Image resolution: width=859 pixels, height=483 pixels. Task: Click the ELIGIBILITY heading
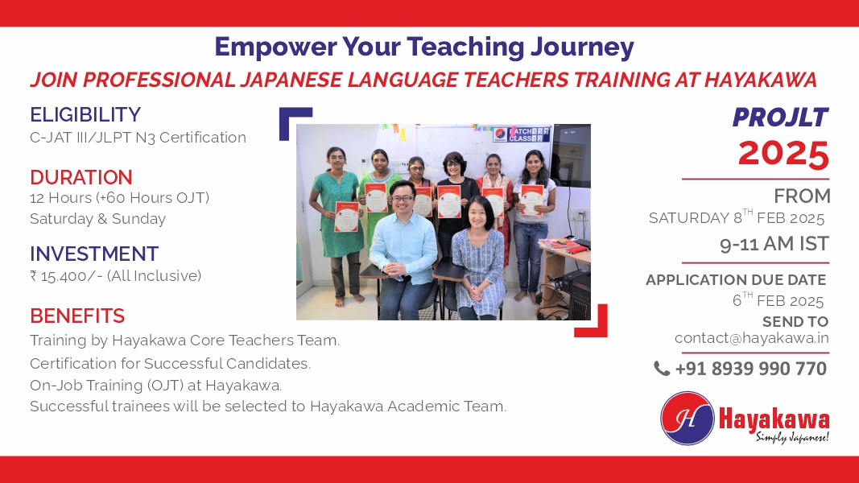pos(85,115)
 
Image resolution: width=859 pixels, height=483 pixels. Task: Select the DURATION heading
pos(81,177)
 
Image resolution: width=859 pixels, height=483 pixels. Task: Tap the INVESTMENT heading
pos(94,254)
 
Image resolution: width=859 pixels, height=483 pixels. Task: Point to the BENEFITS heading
pos(77,316)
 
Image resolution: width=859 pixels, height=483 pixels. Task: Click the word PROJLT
pos(780,118)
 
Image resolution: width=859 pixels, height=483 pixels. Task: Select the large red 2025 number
pos(783,154)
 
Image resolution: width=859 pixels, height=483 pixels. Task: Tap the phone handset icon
pos(662,369)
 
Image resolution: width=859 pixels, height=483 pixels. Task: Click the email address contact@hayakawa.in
pos(752,338)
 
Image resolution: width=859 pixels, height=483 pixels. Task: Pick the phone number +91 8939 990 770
pos(750,369)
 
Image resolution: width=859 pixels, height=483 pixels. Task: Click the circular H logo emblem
pos(688,418)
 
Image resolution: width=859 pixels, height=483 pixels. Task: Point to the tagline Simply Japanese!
pos(792,436)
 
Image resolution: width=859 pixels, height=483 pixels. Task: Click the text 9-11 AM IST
pos(774,244)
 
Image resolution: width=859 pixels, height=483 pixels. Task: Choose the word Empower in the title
pos(275,47)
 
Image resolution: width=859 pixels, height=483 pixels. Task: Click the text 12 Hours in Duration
pos(61,198)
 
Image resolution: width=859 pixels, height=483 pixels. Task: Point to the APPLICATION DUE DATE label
pos(736,280)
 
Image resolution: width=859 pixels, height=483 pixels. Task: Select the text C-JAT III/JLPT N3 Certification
pos(138,138)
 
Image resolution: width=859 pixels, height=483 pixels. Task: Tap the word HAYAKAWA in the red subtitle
pos(761,80)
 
